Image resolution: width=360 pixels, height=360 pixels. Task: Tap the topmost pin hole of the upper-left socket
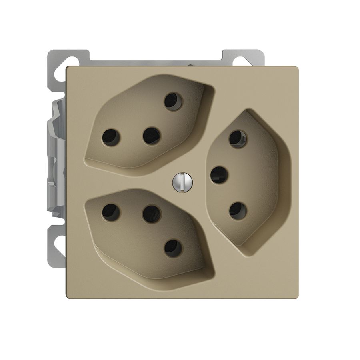173,100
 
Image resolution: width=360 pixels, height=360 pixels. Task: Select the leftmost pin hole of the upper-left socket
111,137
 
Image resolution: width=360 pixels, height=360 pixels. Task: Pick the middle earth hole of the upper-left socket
152,136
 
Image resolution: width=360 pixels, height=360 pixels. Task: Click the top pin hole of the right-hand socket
238,139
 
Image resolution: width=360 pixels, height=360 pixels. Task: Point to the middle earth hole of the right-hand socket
219,175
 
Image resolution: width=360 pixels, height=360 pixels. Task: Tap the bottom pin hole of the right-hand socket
238,211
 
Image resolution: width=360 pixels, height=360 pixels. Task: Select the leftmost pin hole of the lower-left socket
111,212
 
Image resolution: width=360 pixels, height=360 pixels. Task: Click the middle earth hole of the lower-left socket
152,214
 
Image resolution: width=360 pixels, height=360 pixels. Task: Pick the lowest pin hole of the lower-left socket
173,248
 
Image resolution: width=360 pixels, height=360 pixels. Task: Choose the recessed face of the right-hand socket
256,176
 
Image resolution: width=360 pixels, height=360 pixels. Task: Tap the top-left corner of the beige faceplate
67,67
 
